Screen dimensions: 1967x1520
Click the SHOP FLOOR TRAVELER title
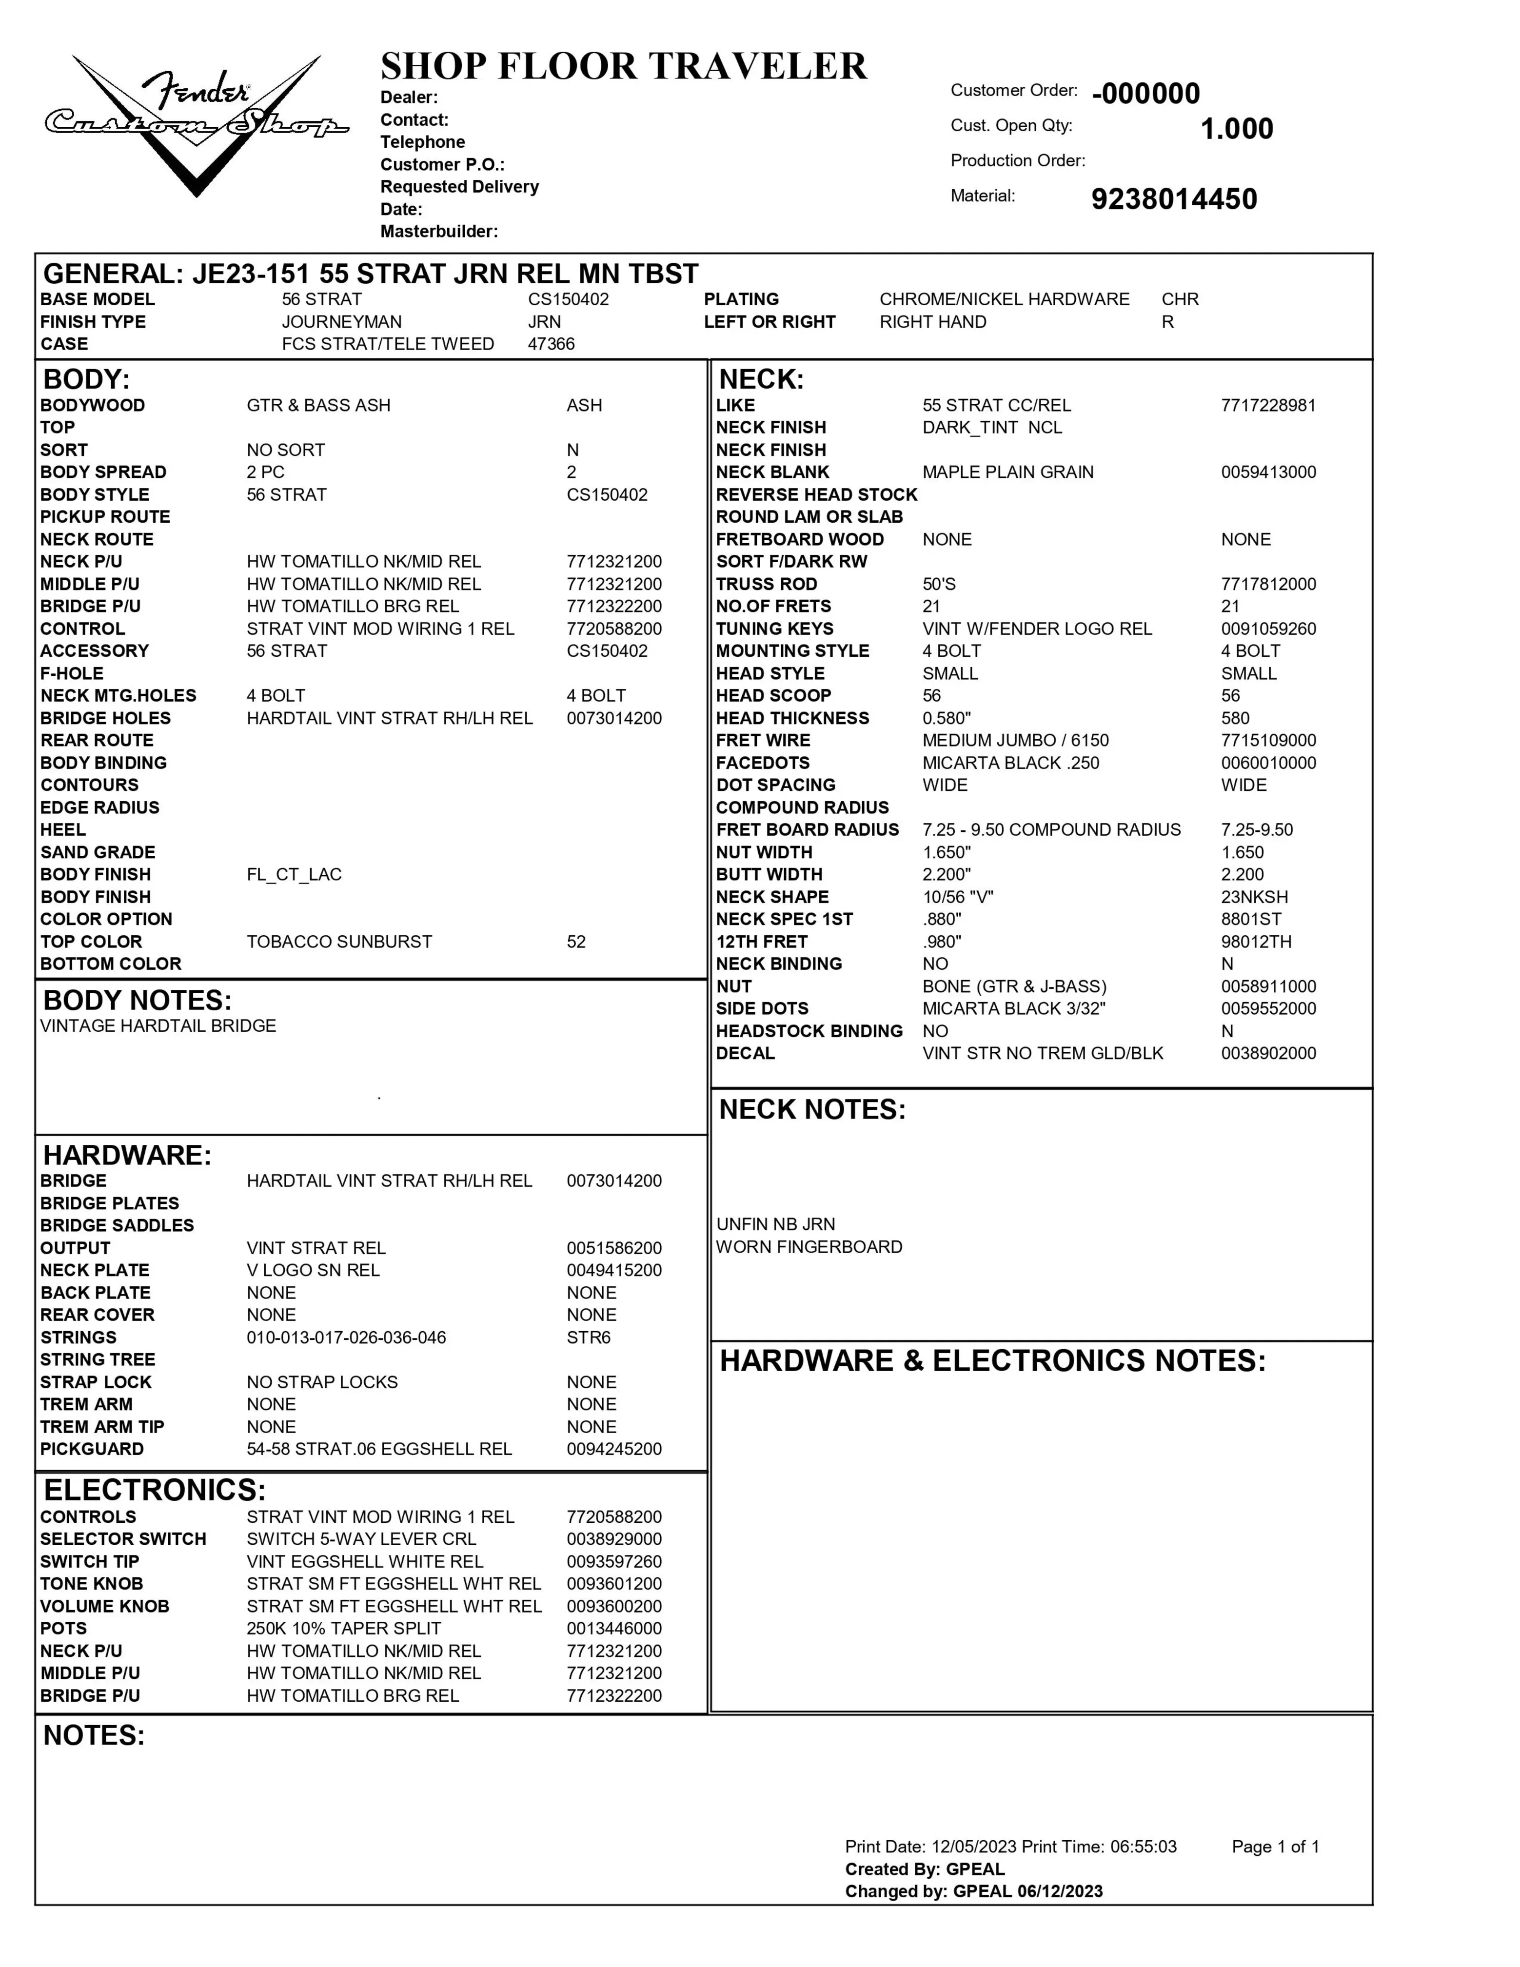click(623, 67)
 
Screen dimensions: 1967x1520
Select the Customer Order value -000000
click(1145, 94)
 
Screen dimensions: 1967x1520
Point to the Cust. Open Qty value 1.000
click(1236, 129)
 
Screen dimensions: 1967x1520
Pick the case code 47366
click(551, 344)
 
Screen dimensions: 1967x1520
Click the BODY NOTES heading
click(137, 1001)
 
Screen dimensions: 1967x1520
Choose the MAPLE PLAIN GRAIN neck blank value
click(1007, 472)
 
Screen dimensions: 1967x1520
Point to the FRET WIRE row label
click(763, 740)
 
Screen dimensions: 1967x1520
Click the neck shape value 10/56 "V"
click(957, 897)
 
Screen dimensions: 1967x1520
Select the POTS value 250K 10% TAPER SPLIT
click(343, 1629)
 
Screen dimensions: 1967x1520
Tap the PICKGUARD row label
click(92, 1449)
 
